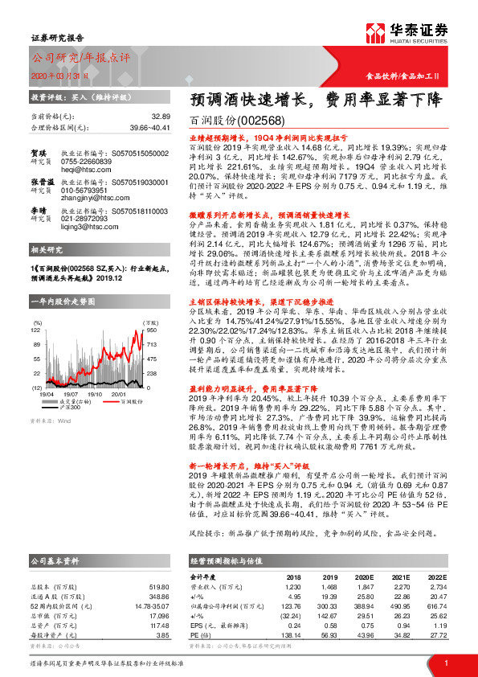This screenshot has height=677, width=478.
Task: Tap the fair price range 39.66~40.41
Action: point(150,127)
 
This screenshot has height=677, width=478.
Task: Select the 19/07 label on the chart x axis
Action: point(71,371)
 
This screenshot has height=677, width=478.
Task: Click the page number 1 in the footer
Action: point(445,662)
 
